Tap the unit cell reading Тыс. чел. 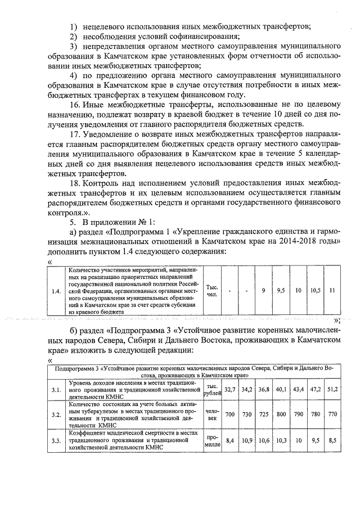pyautogui.click(x=212, y=291)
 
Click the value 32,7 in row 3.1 pyautogui.click(x=229, y=389)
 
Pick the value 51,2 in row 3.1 pyautogui.click(x=332, y=389)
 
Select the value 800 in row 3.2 pyautogui.click(x=281, y=414)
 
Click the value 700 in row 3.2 pyautogui.click(x=229, y=414)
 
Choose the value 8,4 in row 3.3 pyautogui.click(x=229, y=440)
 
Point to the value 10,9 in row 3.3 pyautogui.click(x=247, y=440)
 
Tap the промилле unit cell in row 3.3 pyautogui.click(x=212, y=440)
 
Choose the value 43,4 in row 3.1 pyautogui.click(x=298, y=389)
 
